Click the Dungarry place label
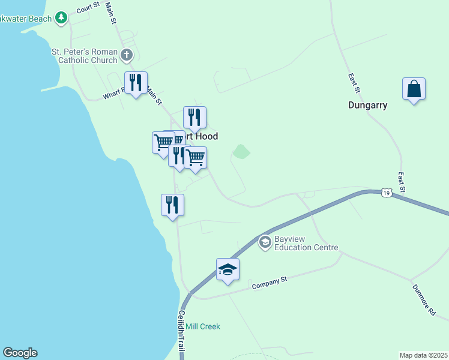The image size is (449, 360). point(367,105)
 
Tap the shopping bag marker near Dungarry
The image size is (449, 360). point(414,89)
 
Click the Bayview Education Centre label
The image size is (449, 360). point(306,244)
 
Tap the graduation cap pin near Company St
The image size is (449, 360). point(228,270)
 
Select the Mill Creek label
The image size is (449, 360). point(202,326)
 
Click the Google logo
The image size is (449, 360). point(20,353)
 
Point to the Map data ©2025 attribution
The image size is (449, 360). point(423,355)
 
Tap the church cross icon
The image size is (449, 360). point(126,56)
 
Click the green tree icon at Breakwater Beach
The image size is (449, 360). point(61,19)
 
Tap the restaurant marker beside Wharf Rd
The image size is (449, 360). point(136,83)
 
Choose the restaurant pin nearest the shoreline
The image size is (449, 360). point(173,206)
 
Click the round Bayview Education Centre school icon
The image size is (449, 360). point(265,243)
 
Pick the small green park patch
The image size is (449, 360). point(241,151)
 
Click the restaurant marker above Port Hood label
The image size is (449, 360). point(194,118)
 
